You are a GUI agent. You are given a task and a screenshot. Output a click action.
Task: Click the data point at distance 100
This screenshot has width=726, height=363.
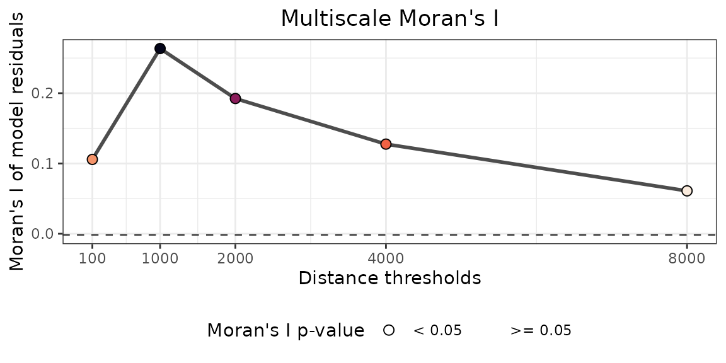click(x=92, y=159)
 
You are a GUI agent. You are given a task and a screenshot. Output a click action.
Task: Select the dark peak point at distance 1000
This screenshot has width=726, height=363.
click(x=160, y=49)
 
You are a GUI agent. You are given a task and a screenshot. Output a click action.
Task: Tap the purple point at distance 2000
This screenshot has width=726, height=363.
click(x=235, y=98)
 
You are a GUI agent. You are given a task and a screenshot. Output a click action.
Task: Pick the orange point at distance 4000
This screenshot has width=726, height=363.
click(x=386, y=144)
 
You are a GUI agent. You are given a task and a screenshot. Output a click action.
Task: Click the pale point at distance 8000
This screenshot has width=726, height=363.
click(x=687, y=190)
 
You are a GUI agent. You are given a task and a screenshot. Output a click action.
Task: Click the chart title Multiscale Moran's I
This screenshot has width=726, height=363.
click(x=389, y=18)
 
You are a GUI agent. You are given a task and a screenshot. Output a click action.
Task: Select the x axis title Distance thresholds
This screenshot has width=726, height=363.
click(x=389, y=278)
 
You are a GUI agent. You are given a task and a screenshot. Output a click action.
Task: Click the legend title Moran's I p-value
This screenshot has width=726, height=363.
click(x=285, y=330)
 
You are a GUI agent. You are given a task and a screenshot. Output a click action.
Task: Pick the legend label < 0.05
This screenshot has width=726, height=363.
click(x=437, y=331)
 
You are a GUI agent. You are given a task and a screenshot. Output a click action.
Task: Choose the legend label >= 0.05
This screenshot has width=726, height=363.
click(x=541, y=331)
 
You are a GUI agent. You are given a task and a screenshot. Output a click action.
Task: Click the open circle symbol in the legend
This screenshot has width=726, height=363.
click(x=389, y=330)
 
